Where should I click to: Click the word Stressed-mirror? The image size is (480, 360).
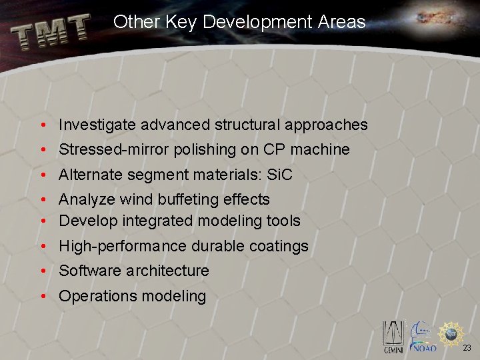pos(114,149)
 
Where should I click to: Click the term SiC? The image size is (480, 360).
pos(279,175)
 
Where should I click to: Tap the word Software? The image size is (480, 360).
pos(89,271)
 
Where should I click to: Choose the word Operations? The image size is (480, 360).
pos(95,296)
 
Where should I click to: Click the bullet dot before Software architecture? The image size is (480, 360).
pos(42,271)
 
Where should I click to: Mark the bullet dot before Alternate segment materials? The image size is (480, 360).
pos(42,175)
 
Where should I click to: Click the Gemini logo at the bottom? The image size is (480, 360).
pos(393,337)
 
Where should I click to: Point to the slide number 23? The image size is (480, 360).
pos(467,347)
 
